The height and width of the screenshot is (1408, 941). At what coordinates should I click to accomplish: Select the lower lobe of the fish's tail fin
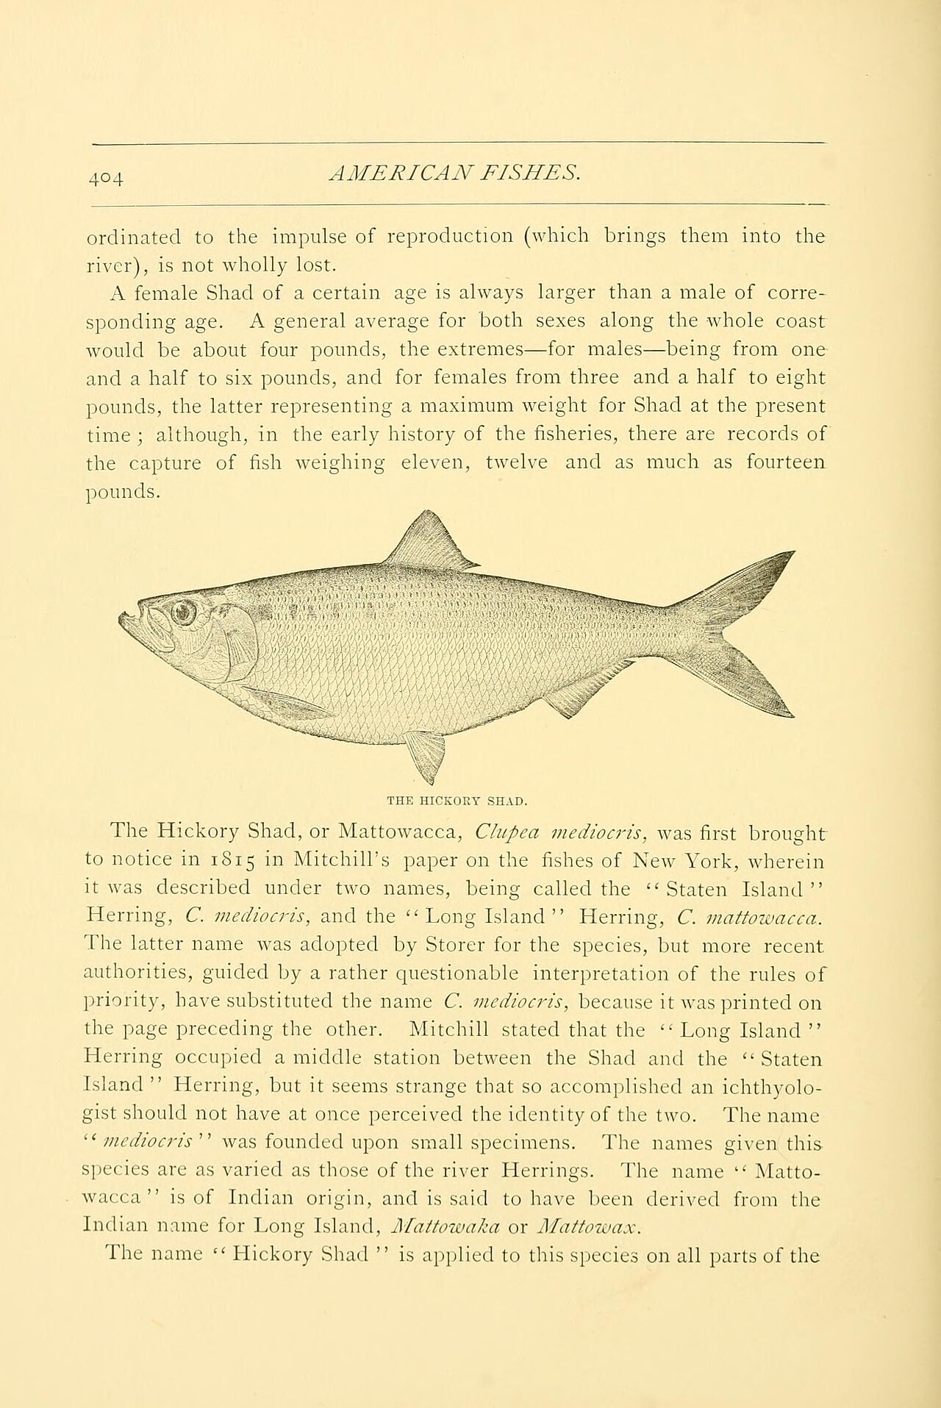click(x=757, y=684)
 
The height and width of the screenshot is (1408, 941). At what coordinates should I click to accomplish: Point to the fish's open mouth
click(x=136, y=625)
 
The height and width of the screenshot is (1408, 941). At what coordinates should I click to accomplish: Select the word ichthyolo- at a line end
click(x=768, y=1086)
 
